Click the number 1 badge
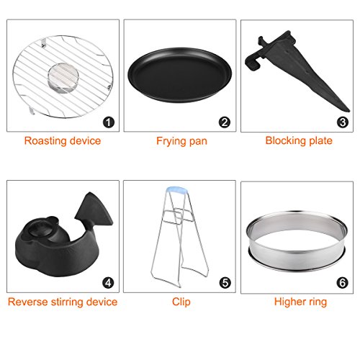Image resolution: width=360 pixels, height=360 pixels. coord(109,122)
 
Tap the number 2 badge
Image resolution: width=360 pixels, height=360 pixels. coord(225,122)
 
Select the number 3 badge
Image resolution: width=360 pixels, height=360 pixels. coord(343,122)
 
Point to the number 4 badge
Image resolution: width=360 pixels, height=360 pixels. coord(108,283)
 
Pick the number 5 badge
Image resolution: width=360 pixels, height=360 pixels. coord(225,283)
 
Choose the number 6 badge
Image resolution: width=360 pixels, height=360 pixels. coord(343,283)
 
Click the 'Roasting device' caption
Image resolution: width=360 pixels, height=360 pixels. coord(63,141)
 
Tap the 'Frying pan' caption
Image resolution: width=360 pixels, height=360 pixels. coord(181,141)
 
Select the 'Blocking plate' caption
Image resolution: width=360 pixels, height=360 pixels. coord(299,141)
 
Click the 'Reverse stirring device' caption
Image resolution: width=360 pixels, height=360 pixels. coord(63,302)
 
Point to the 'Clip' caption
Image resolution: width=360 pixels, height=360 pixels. coord(181,302)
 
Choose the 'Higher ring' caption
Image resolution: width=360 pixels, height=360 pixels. coord(300,302)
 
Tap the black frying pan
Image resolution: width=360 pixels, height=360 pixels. coord(180,75)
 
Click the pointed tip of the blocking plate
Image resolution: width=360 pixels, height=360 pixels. coord(348,110)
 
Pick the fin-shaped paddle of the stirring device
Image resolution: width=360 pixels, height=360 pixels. coord(94,211)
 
